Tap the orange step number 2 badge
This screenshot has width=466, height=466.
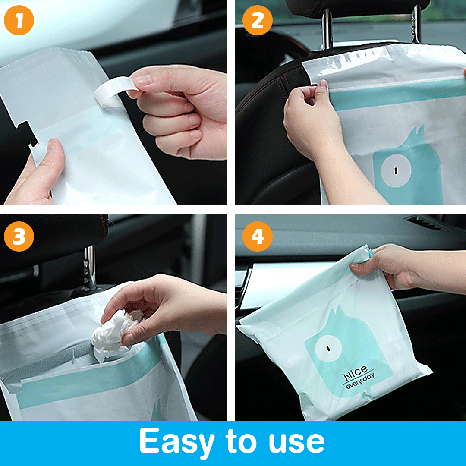pos(258,20)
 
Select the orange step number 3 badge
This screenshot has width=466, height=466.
pos(19,236)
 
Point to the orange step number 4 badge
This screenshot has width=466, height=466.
pos(258,236)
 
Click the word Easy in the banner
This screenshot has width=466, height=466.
pos(176,442)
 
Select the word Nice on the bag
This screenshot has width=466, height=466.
pos(356,373)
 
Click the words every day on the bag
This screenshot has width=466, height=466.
pos(361,382)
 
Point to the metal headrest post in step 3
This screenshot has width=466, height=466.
pos(90,268)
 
